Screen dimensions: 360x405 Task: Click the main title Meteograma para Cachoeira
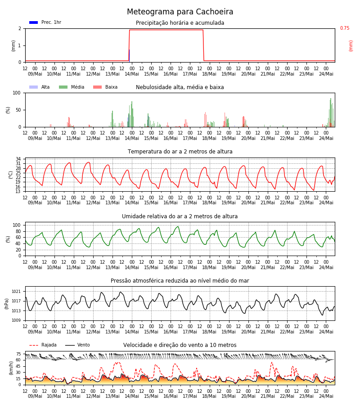pyautogui.click(x=180, y=12)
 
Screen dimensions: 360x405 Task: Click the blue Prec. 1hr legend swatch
pyautogui.click(x=34, y=22)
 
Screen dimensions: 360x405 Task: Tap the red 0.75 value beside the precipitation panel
pyautogui.click(x=345, y=28)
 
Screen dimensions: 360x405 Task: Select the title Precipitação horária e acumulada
pyautogui.click(x=180, y=23)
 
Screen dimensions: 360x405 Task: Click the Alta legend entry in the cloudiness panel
pyautogui.click(x=40, y=87)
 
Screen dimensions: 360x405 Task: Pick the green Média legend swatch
pyautogui.click(x=63, y=87)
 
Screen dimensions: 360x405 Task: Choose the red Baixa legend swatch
pyautogui.click(x=97, y=87)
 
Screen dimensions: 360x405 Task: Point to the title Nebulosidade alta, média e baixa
pyautogui.click(x=180, y=87)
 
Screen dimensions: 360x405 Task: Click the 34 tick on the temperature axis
pyautogui.click(x=18, y=159)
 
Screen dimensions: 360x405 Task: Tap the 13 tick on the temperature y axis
pyautogui.click(x=18, y=191)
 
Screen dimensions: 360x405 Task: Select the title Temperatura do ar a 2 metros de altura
pyautogui.click(x=180, y=152)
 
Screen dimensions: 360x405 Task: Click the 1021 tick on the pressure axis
pyautogui.click(x=16, y=291)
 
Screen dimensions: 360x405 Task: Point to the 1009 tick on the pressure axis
pyautogui.click(x=16, y=320)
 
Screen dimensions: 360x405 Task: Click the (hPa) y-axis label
pyautogui.click(x=7, y=304)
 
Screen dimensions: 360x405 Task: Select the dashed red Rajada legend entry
pyautogui.click(x=43, y=345)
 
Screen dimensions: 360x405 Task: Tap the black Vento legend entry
pyautogui.click(x=77, y=345)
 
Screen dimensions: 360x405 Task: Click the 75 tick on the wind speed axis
pyautogui.click(x=18, y=354)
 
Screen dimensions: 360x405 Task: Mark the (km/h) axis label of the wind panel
pyautogui.click(x=11, y=368)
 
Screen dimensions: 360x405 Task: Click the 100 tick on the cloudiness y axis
pyautogui.click(x=17, y=93)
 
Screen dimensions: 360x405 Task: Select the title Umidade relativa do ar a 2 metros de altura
pyautogui.click(x=180, y=216)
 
